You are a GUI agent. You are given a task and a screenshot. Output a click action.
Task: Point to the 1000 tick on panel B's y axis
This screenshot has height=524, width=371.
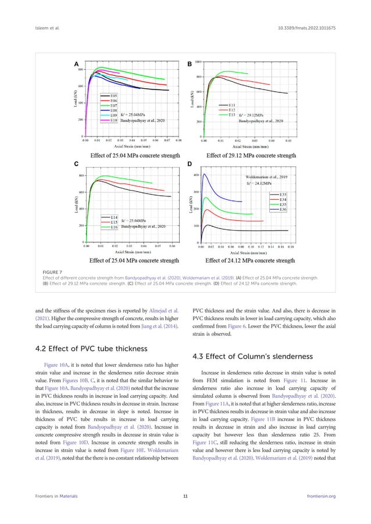coord(198,61)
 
